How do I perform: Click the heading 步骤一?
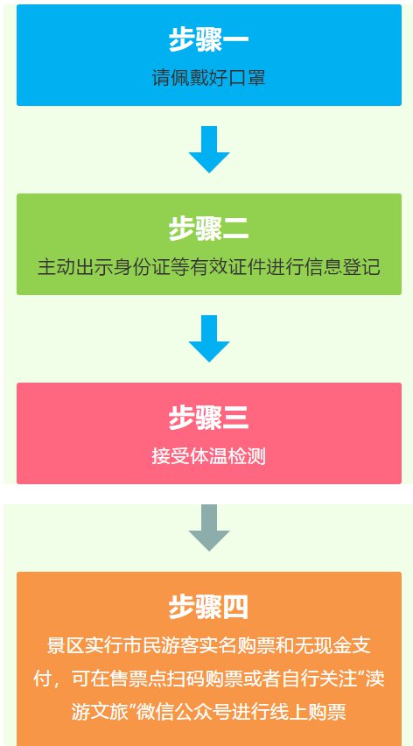pyautogui.click(x=208, y=39)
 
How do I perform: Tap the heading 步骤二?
pyautogui.click(x=208, y=229)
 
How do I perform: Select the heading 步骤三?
pyautogui.click(x=208, y=418)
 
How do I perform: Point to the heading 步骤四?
pyautogui.click(x=208, y=607)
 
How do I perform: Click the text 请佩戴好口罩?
pyautogui.click(x=208, y=78)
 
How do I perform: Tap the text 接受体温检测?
pyautogui.click(x=208, y=456)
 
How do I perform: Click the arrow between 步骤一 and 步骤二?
pyautogui.click(x=209, y=150)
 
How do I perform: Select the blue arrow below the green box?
pyautogui.click(x=209, y=338)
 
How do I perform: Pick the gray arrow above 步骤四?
pyautogui.click(x=209, y=528)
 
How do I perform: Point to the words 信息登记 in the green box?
pyautogui.click(x=342, y=267)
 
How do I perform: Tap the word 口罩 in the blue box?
pyautogui.click(x=247, y=78)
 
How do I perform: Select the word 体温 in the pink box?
pyautogui.click(x=208, y=456)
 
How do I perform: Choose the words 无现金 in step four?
pyautogui.click(x=323, y=645)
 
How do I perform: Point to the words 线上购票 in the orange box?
pyautogui.click(x=308, y=712)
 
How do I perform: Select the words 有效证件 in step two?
pyautogui.click(x=228, y=267)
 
